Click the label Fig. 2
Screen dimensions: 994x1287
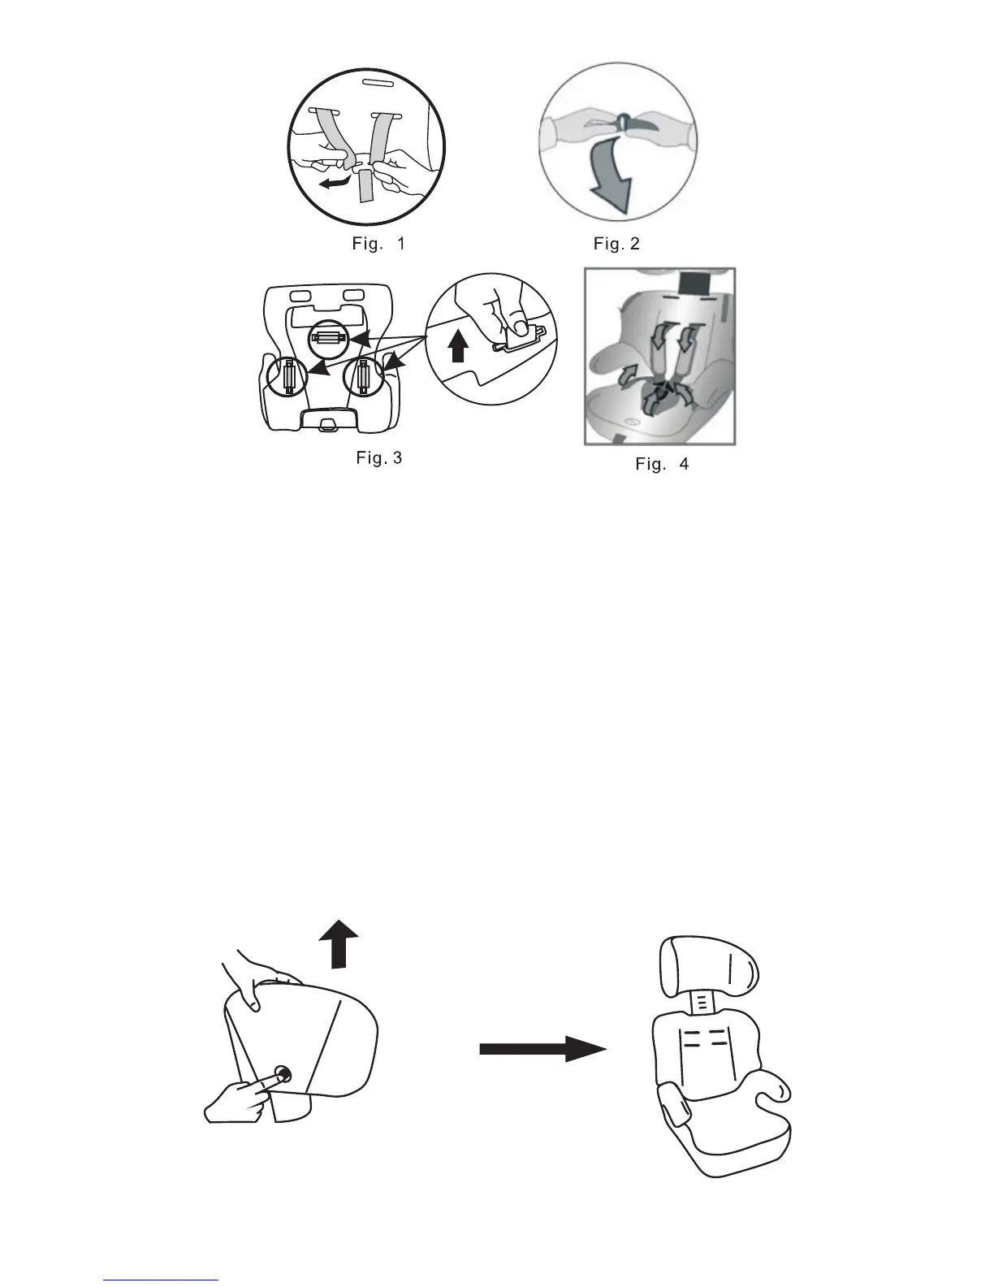click(x=616, y=244)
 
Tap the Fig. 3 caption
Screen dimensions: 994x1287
click(x=378, y=458)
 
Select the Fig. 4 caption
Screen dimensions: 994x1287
click(x=662, y=464)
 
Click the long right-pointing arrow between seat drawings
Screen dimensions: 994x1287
click(x=542, y=1049)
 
